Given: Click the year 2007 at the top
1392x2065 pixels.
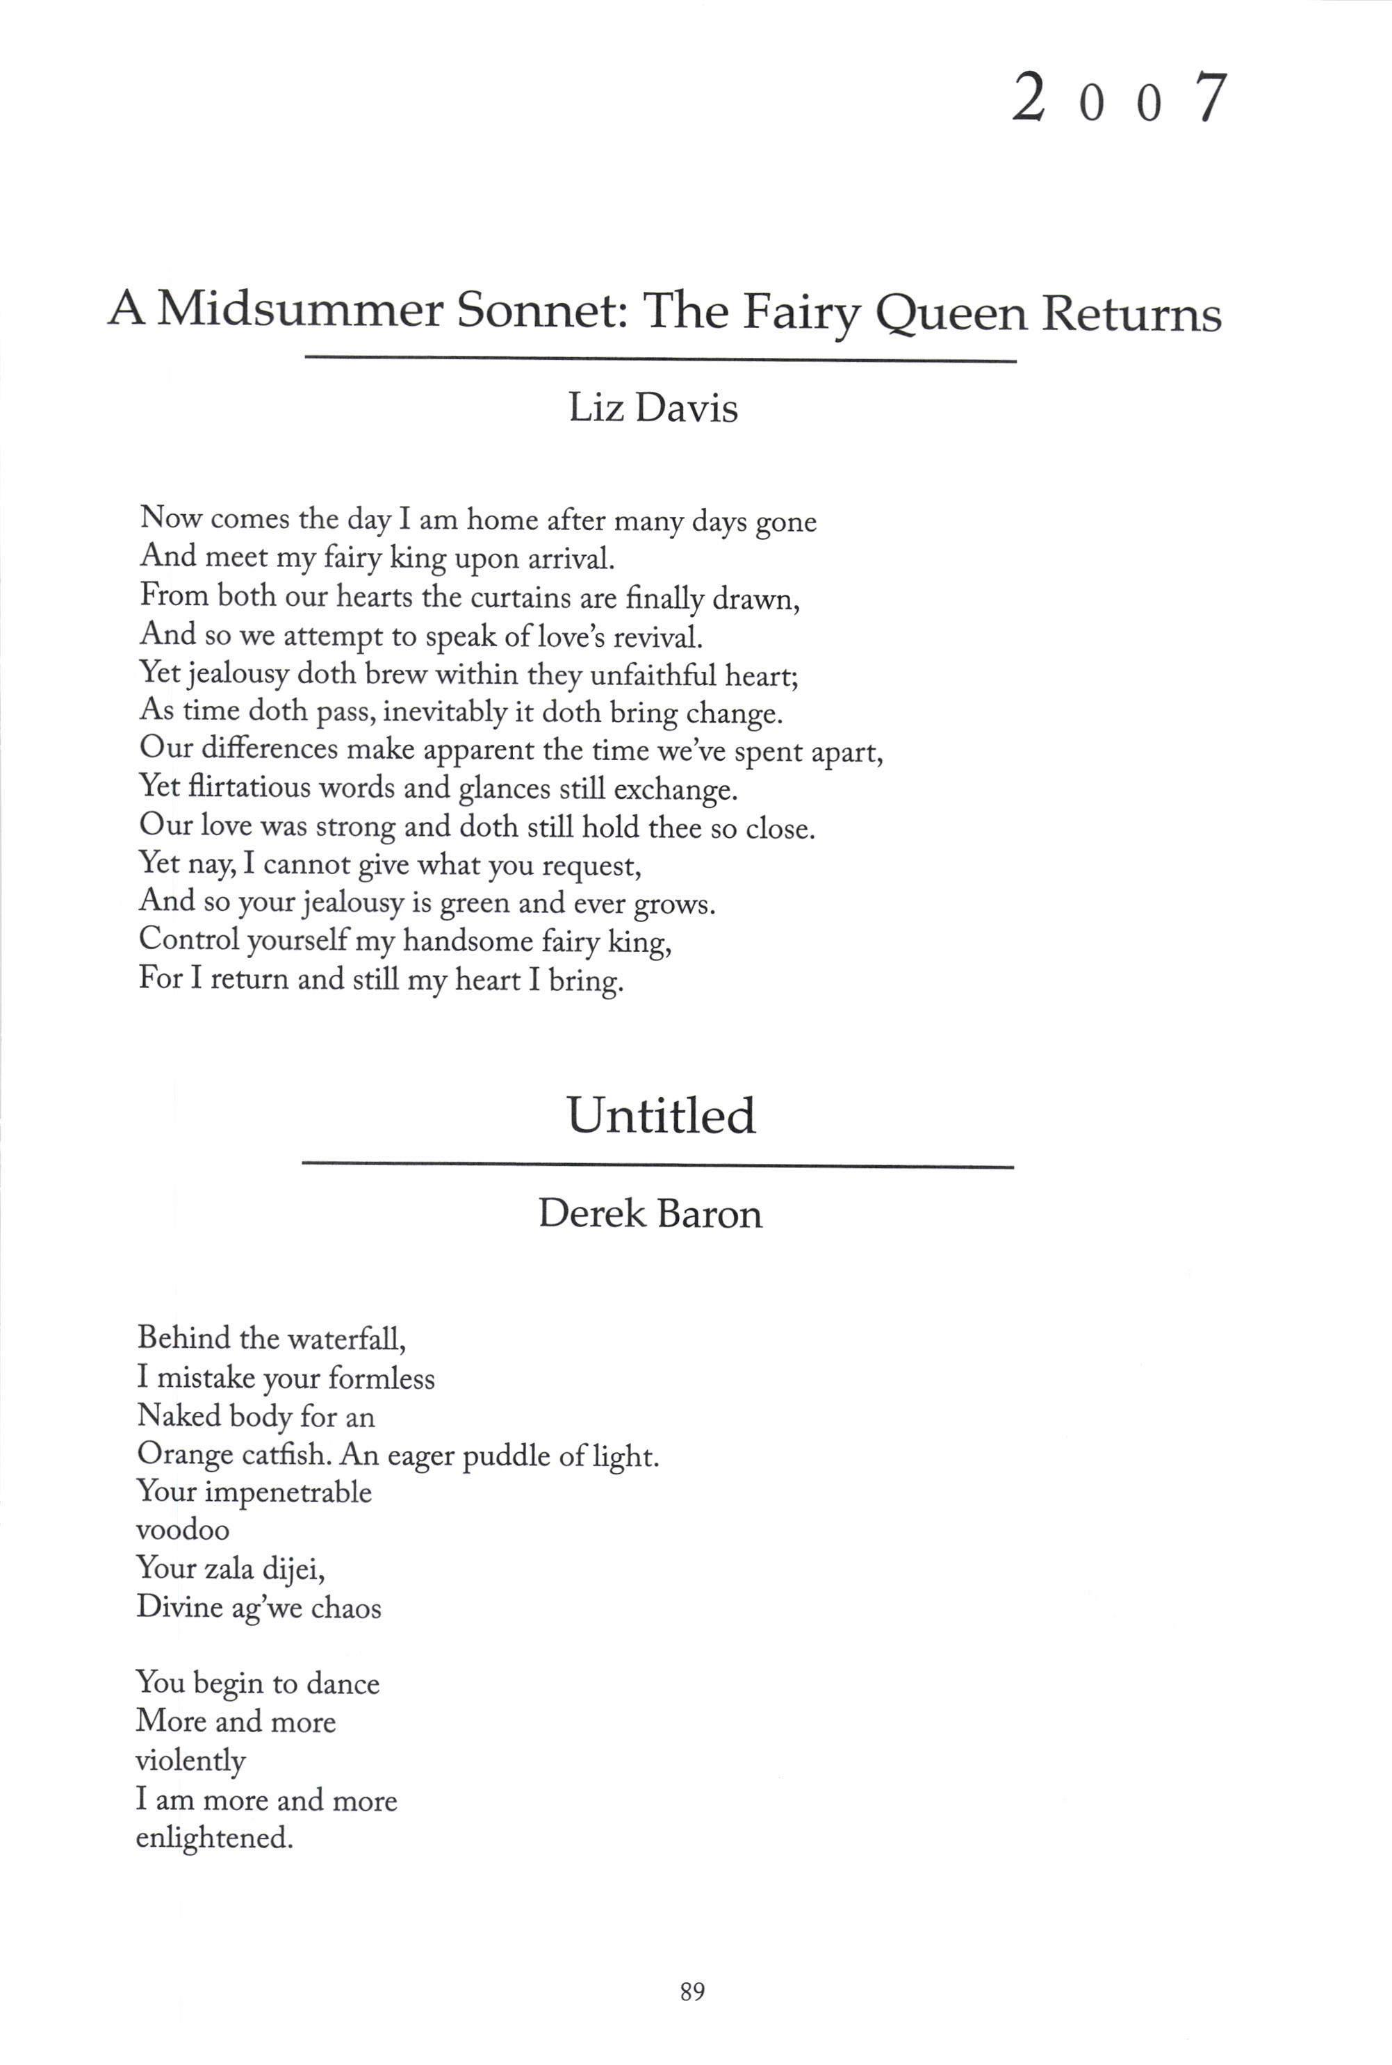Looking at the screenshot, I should click(x=1120, y=99).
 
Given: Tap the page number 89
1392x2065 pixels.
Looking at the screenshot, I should click(x=692, y=1991).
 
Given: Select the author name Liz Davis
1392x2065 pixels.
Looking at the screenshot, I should click(x=653, y=409).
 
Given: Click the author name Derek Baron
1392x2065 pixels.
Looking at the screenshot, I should click(x=650, y=1213).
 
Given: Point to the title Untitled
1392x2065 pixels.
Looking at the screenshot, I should click(x=662, y=1115).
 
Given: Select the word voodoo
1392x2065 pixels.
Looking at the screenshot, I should click(x=183, y=1530).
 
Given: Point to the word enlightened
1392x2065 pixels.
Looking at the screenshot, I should click(x=214, y=1837).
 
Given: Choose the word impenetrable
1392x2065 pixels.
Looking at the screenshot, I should click(x=288, y=1492).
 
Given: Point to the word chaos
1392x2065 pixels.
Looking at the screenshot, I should click(x=346, y=1607).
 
